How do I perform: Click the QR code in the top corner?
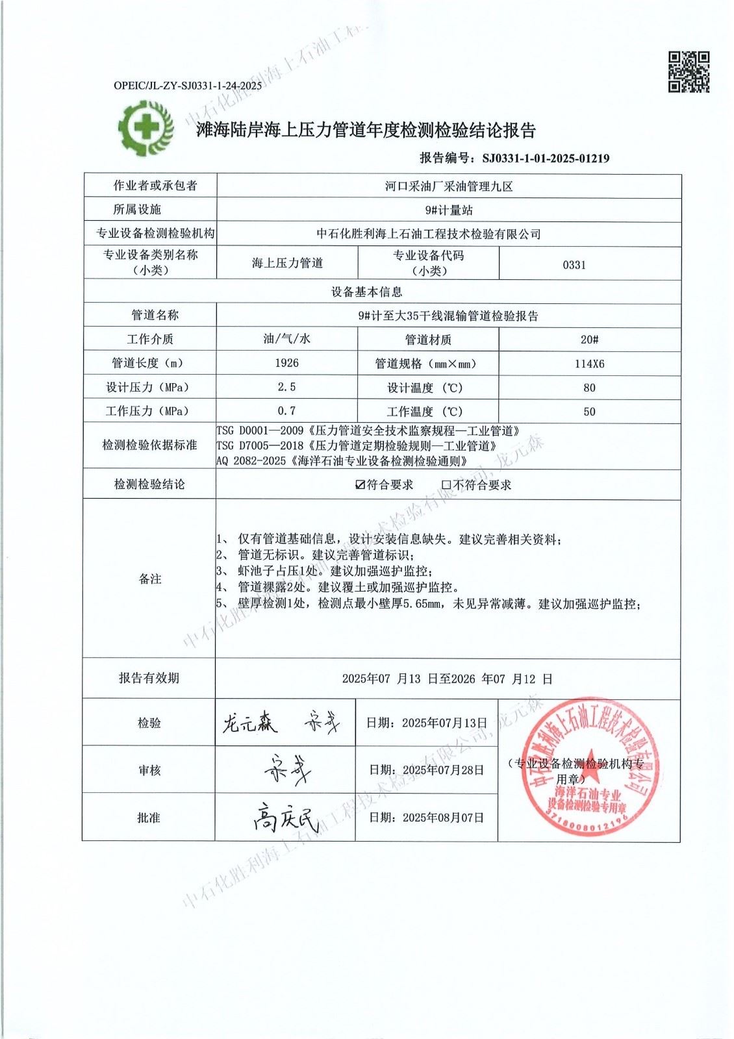(689, 72)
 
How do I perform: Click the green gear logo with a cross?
(146, 127)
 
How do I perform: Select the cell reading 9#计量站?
(448, 210)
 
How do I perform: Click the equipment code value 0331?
(574, 265)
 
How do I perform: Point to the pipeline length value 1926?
(286, 363)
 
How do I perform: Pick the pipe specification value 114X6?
(589, 364)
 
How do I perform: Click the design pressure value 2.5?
(286, 387)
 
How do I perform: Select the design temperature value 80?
(589, 388)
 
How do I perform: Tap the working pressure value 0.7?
(286, 411)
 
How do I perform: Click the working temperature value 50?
(589, 412)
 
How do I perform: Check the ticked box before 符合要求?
(361, 485)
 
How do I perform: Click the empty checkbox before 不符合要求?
(446, 485)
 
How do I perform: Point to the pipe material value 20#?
(589, 340)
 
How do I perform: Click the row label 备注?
(149, 579)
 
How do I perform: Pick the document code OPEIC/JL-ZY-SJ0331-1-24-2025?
(188, 85)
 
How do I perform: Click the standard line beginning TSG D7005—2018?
(357, 446)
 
